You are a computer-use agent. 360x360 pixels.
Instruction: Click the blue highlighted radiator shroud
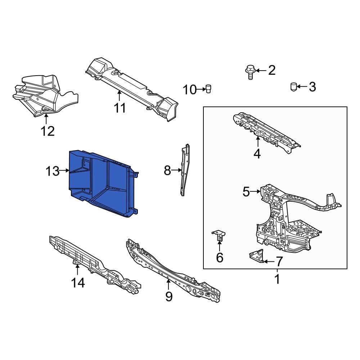(103, 184)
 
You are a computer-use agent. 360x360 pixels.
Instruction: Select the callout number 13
(53, 171)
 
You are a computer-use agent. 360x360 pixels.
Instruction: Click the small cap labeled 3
(293, 87)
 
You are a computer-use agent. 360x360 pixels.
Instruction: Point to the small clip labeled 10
(208, 88)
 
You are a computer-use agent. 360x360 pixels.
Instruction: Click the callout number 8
(167, 170)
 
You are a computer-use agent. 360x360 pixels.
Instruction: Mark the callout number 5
(246, 192)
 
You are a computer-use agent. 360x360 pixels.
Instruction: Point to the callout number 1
(277, 279)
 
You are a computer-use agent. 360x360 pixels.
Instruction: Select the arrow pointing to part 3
(302, 87)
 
